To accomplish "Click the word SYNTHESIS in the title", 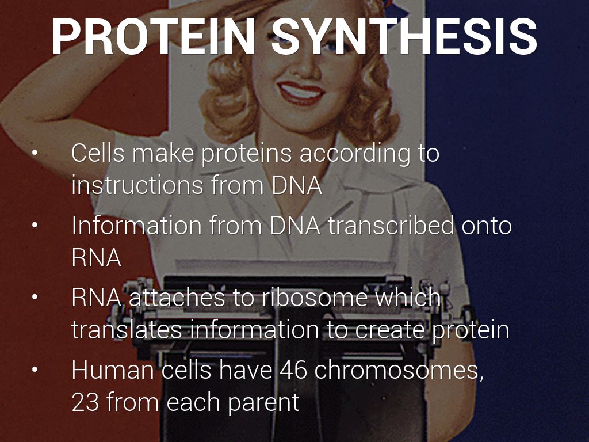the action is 404,36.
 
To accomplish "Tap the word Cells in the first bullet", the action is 98,153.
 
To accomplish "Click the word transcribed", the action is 391,225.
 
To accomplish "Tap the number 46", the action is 293,370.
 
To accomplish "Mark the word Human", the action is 113,370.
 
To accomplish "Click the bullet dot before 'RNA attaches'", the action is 35,297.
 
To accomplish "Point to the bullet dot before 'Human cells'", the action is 35,369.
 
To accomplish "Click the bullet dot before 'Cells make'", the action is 35,153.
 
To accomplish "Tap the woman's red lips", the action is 301,93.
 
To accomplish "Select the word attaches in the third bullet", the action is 177,298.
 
